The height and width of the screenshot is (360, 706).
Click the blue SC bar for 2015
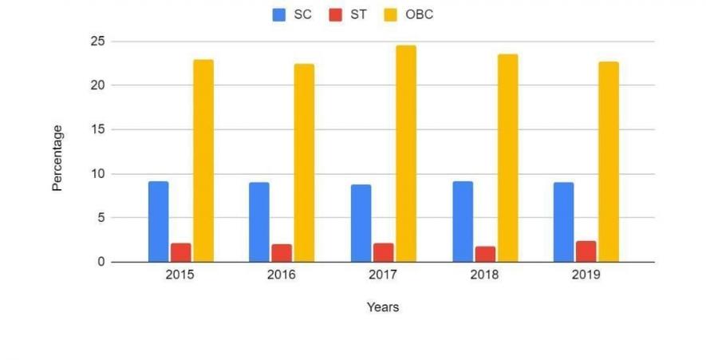[158, 221]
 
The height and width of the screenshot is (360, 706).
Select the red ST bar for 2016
[282, 252]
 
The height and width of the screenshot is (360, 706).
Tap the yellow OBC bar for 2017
[405, 153]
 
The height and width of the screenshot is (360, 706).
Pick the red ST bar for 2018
[485, 254]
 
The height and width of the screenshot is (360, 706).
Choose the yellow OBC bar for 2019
[609, 161]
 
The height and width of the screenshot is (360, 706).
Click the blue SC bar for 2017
[361, 223]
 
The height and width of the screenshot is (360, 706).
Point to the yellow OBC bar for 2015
[203, 160]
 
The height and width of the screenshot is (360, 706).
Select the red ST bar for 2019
[586, 251]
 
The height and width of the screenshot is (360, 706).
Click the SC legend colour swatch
[279, 14]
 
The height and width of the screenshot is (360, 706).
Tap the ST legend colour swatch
[335, 14]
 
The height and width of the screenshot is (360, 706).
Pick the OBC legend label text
[420, 14]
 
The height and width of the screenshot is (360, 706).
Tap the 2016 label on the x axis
[282, 275]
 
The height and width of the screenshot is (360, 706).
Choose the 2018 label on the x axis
[485, 275]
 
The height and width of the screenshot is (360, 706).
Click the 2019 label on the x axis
[586, 275]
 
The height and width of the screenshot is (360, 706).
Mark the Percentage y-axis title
[57, 157]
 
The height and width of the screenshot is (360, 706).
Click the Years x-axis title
[383, 307]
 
